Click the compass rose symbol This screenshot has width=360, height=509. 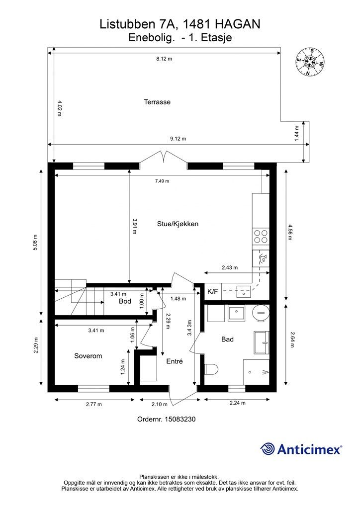click(310, 62)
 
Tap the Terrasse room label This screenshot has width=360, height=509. click(157, 102)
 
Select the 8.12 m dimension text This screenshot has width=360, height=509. click(164, 59)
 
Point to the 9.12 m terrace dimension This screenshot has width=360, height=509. click(178, 139)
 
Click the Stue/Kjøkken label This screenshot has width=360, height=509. click(178, 224)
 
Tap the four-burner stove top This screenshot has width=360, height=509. click(261, 236)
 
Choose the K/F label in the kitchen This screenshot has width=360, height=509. click(213, 291)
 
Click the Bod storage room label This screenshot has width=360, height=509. click(125, 301)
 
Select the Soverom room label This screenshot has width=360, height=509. click(88, 356)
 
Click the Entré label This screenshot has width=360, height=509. click(175, 361)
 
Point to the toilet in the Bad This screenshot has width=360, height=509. click(211, 369)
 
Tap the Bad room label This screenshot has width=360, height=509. click(227, 339)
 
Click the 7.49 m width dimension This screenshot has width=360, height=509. click(162, 181)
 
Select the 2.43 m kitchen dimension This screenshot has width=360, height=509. click(230, 268)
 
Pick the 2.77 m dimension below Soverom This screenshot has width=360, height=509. click(94, 404)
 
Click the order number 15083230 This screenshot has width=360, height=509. click(180, 419)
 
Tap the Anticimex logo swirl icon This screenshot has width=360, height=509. click(268, 449)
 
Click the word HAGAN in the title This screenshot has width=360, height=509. click(238, 24)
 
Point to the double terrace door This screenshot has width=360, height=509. click(163, 159)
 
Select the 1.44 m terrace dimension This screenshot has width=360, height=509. click(296, 133)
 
